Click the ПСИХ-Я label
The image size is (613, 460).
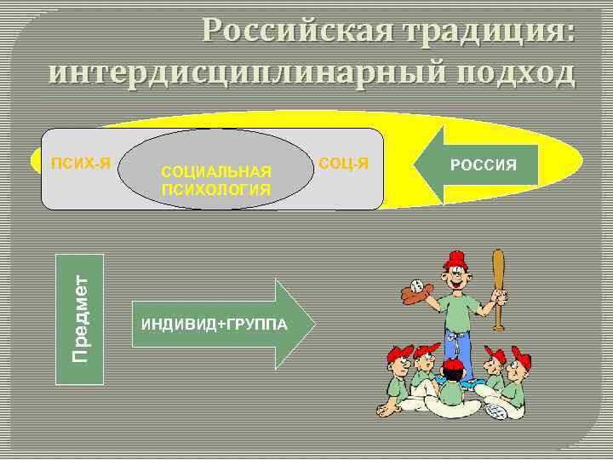click(x=80, y=162)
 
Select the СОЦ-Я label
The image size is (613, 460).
click(x=345, y=162)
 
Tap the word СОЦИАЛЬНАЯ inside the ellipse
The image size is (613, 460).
click(x=216, y=173)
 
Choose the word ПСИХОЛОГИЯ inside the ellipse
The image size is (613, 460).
click(x=216, y=190)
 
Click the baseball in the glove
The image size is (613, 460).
click(x=416, y=285)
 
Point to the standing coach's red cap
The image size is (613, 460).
click(x=457, y=259)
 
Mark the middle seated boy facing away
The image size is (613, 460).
click(x=450, y=388)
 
